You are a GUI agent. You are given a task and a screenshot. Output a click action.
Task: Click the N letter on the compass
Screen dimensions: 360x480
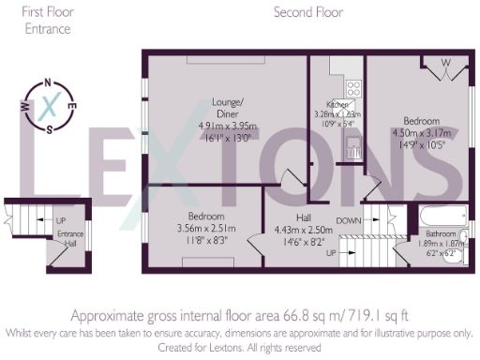click(49, 82)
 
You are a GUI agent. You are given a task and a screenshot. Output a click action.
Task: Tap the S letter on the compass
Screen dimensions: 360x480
click(50, 129)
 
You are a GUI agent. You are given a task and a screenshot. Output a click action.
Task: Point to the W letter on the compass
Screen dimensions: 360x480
click(26, 106)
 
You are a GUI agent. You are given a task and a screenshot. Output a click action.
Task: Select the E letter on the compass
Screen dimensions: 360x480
click(73, 106)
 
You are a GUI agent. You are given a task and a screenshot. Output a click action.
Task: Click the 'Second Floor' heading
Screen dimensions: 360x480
click(307, 13)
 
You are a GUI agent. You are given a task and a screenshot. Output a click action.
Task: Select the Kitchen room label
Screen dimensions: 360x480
click(337, 104)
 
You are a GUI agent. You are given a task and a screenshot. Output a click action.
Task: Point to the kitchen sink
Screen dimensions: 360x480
click(355, 144)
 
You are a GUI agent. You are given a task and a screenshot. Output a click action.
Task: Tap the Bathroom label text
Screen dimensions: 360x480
click(439, 232)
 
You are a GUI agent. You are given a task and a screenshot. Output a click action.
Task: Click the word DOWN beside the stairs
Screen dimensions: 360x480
click(349, 221)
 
